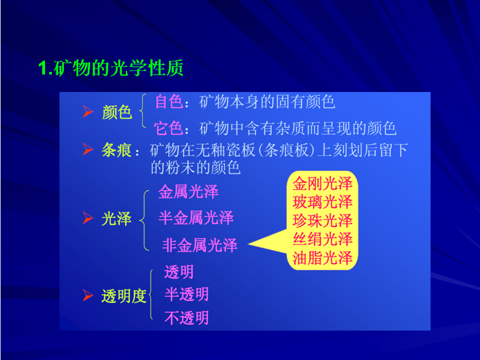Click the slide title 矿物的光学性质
pos(118,68)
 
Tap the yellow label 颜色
pos(117,112)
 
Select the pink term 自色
pos(170,101)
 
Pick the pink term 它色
pos(169,128)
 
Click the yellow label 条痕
pos(116,150)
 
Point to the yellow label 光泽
pos(116,219)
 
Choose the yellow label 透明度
pos(124,296)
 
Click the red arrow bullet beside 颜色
pos(88,111)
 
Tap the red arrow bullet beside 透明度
pos(88,296)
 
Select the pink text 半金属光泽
pos(196,218)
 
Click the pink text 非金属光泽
pos(200,245)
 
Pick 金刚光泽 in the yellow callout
pos(322,183)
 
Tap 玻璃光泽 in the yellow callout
pos(322,202)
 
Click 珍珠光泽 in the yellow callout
pos(322,220)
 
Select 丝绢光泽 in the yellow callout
pos(322,239)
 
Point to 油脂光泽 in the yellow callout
pos(322,258)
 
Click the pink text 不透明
pos(186,317)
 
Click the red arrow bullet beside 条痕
pos(88,150)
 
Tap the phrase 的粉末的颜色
pos(195,168)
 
